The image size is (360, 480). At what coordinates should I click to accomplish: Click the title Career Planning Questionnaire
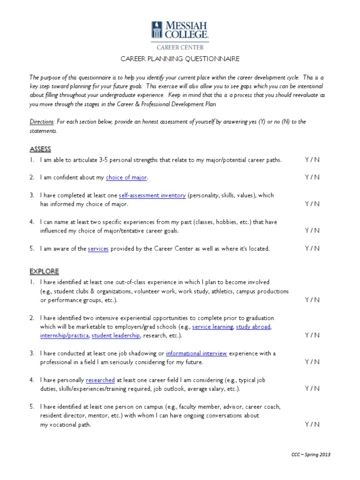180,59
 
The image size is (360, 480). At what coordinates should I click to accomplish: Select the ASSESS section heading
40,149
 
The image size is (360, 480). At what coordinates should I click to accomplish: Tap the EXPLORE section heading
44,271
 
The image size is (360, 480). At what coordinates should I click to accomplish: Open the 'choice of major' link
127,178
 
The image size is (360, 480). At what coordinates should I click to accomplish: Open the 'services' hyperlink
98,249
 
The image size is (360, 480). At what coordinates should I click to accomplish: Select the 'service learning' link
212,327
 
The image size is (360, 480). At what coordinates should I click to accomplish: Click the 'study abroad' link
253,327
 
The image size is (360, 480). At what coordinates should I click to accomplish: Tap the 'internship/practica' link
64,336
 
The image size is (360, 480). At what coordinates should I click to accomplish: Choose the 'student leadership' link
116,336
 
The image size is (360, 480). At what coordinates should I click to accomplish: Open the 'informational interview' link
196,353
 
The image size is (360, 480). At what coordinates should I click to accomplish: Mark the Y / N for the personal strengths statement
312,160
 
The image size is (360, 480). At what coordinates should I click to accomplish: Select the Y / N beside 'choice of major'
312,177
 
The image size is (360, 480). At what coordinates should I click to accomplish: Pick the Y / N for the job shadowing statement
312,362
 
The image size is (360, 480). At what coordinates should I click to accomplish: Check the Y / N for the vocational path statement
312,424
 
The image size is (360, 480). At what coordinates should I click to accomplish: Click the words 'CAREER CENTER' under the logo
180,47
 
